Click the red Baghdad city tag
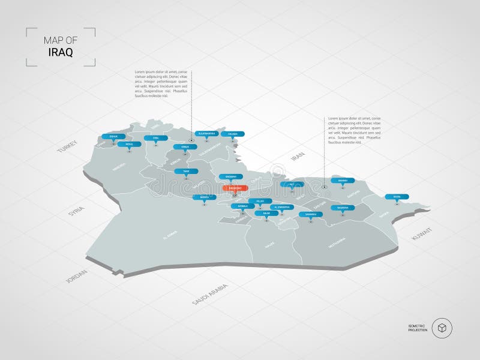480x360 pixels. (235, 188)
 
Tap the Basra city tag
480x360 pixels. (397, 196)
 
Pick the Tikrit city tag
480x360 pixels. (186, 171)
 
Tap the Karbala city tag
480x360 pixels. (243, 205)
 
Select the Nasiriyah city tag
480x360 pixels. (343, 207)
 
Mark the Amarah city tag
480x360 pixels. (343, 180)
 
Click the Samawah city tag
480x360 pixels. (310, 214)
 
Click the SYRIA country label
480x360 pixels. (76, 214)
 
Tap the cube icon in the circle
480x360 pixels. (442, 328)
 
